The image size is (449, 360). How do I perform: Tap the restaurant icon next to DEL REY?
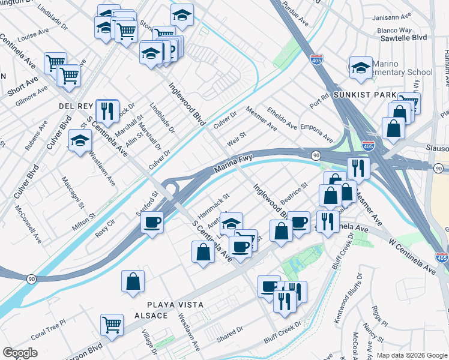pos(107,110)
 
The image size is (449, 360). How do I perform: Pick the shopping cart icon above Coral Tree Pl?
pos(112,325)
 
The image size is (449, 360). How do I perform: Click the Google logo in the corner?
pos(20,353)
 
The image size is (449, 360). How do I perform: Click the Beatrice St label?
pos(293,193)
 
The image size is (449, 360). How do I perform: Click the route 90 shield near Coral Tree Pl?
pos(31,279)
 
